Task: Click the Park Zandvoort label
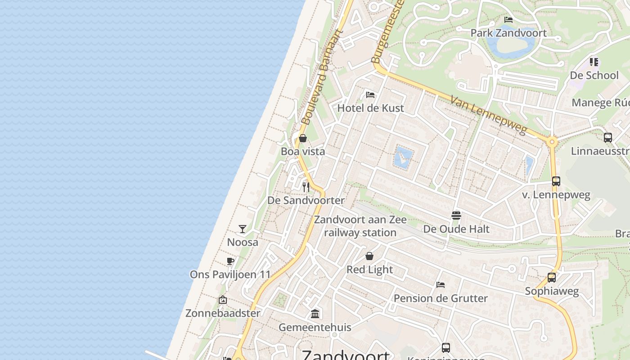pos(508,33)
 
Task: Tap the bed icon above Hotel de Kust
pos(370,94)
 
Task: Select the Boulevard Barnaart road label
pos(321,78)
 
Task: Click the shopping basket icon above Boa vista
pos(303,138)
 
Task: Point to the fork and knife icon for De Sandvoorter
pos(306,187)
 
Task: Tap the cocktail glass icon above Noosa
pos(243,229)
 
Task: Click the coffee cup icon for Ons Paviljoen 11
pos(230,261)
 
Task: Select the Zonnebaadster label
pos(223,313)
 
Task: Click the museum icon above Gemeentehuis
pos(315,314)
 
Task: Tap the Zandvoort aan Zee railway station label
pos(360,226)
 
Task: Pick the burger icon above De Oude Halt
pos(456,216)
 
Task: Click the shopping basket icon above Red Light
pos(369,256)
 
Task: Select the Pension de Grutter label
pos(441,298)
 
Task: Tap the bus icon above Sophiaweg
pos(552,278)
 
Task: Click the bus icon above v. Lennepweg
pos(556,181)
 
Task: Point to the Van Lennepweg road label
pos(488,116)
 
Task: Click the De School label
pos(594,75)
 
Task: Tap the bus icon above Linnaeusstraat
pos(608,138)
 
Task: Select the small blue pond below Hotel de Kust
pos(403,157)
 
